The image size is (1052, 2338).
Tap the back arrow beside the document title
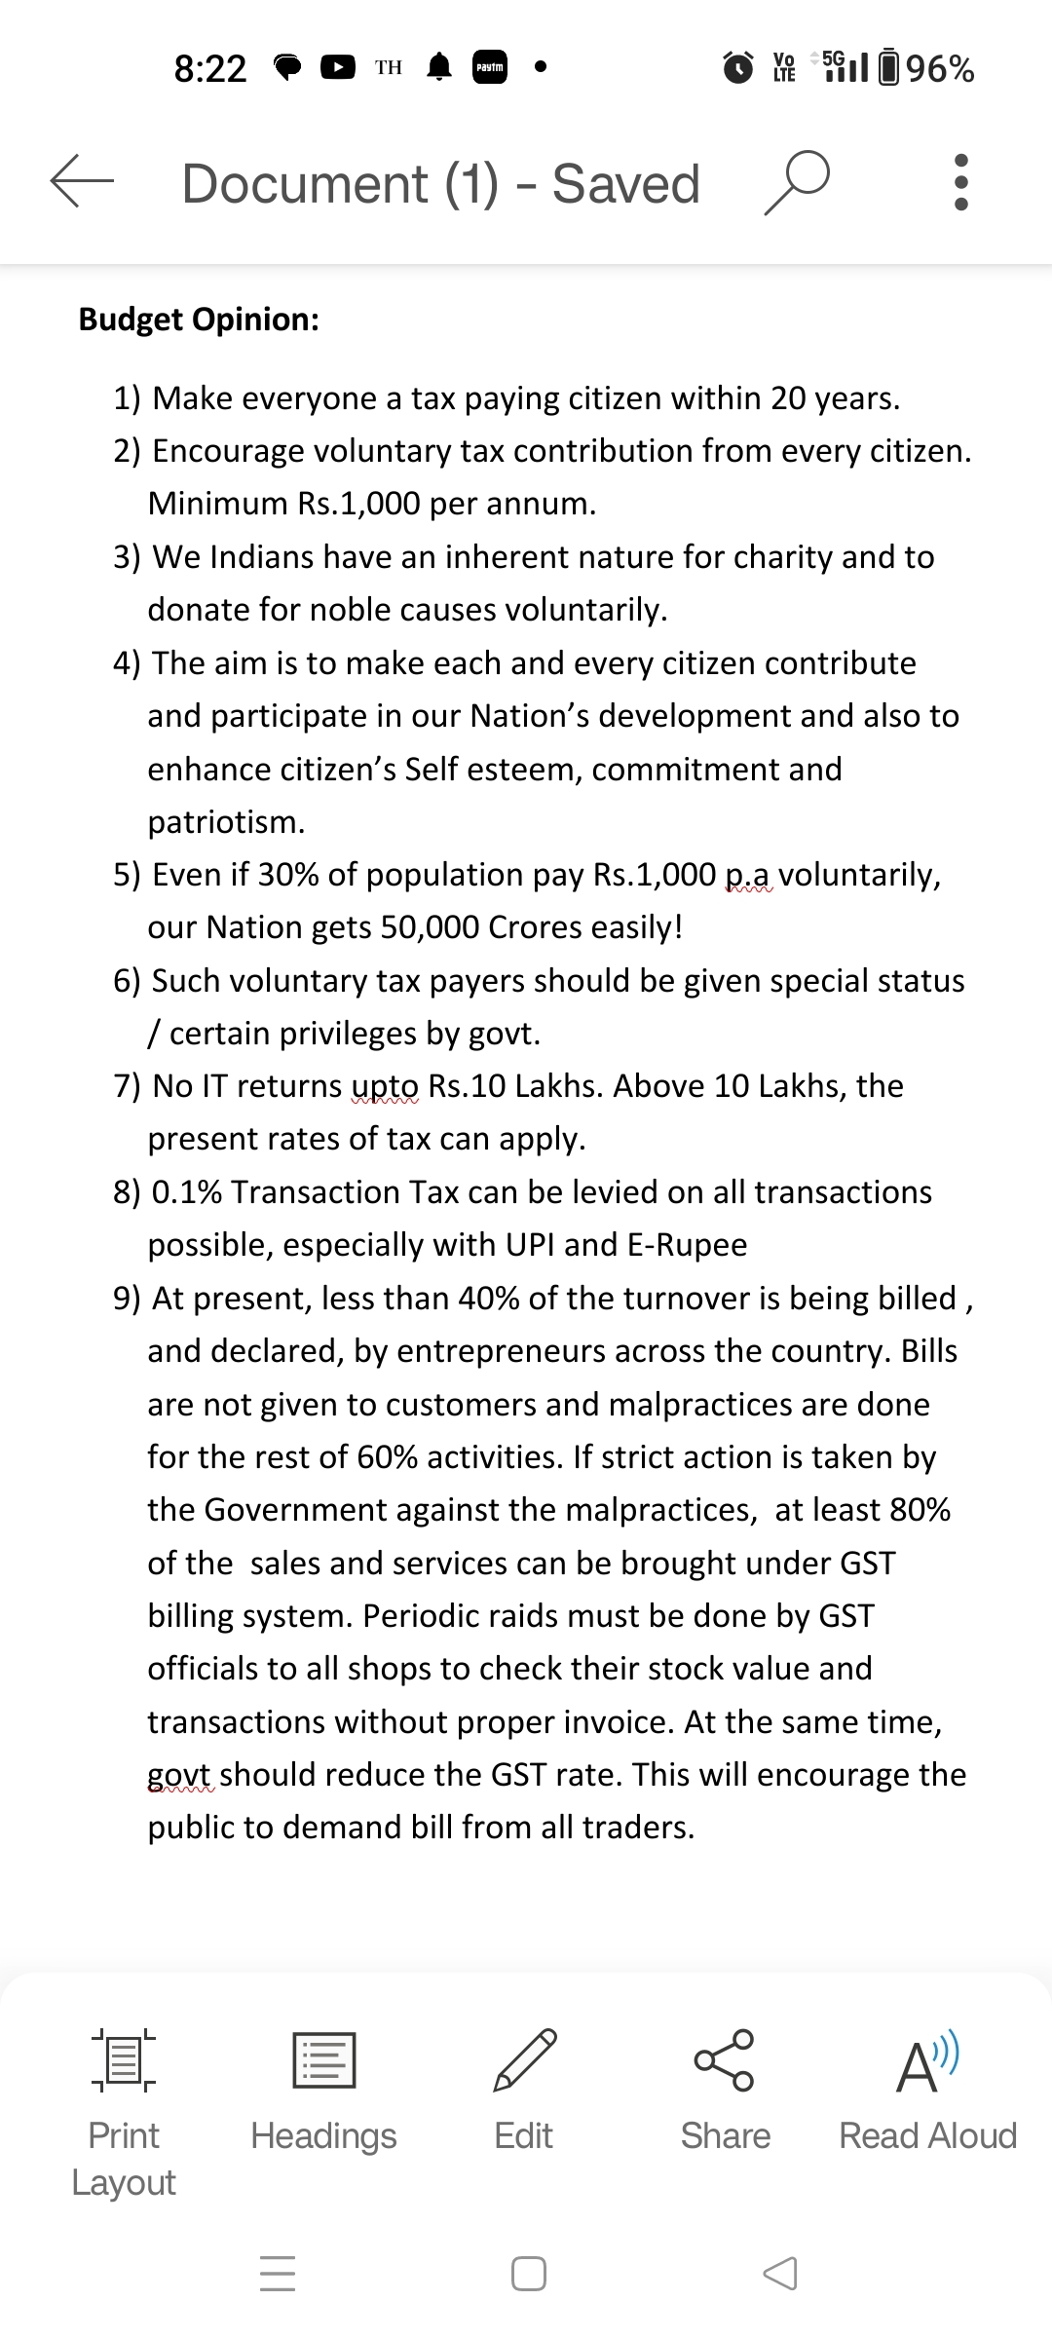pos(82,181)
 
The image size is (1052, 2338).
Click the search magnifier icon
pos(797,181)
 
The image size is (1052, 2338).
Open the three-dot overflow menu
pos(961,182)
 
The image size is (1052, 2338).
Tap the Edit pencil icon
pos(524,2060)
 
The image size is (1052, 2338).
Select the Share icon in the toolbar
pos(725,2060)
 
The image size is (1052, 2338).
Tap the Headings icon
pos(323,2060)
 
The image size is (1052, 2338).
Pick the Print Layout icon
pos(124,2060)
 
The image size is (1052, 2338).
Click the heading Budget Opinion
pos(199,320)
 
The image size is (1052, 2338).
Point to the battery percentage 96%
pos(940,69)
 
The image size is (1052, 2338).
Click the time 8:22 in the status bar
pos(210,69)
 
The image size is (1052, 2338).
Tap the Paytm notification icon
pos(489,67)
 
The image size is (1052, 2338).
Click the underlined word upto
pos(385,1086)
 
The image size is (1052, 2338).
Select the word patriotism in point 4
pos(226,822)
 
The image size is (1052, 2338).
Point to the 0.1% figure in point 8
pos(187,1192)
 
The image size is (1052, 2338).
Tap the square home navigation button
pos(528,2274)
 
